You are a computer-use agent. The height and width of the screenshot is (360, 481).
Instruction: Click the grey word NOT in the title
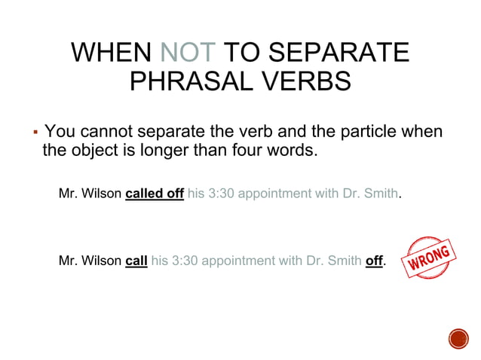click(x=188, y=53)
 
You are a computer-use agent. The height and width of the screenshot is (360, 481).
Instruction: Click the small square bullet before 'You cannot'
click(x=35, y=133)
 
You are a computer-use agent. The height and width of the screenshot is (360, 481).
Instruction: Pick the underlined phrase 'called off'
click(x=155, y=194)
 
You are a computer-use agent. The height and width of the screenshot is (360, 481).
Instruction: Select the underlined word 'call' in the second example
click(x=136, y=261)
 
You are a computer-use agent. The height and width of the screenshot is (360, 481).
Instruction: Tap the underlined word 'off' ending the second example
click(x=374, y=261)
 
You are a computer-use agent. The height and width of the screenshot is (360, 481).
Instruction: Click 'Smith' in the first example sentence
click(x=381, y=194)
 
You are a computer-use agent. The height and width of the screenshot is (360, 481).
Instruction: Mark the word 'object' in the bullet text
click(x=93, y=150)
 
